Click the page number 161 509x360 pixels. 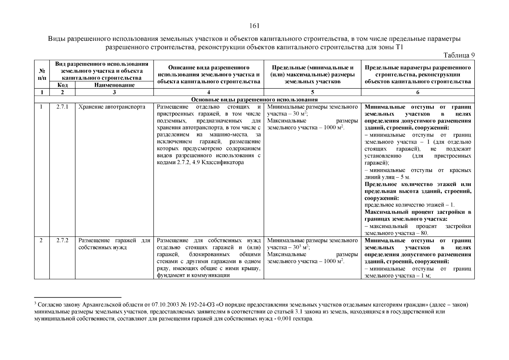[254, 26]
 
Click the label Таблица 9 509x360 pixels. [459, 55]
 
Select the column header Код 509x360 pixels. [62, 85]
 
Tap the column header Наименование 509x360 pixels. [114, 85]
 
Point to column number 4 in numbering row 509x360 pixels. [208, 92]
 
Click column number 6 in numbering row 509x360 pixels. [418, 92]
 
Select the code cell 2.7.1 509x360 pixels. [62, 107]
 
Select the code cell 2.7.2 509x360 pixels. [62, 241]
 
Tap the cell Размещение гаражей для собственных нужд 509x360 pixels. [114, 244]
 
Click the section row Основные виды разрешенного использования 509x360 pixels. [254, 99]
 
